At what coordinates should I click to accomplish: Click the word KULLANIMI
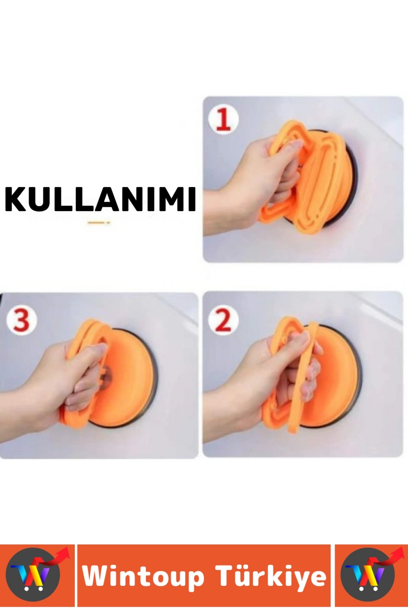[100, 199]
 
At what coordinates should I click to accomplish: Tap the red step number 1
[224, 120]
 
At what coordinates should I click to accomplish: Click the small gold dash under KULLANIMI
[99, 223]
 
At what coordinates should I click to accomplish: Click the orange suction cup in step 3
[120, 376]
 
